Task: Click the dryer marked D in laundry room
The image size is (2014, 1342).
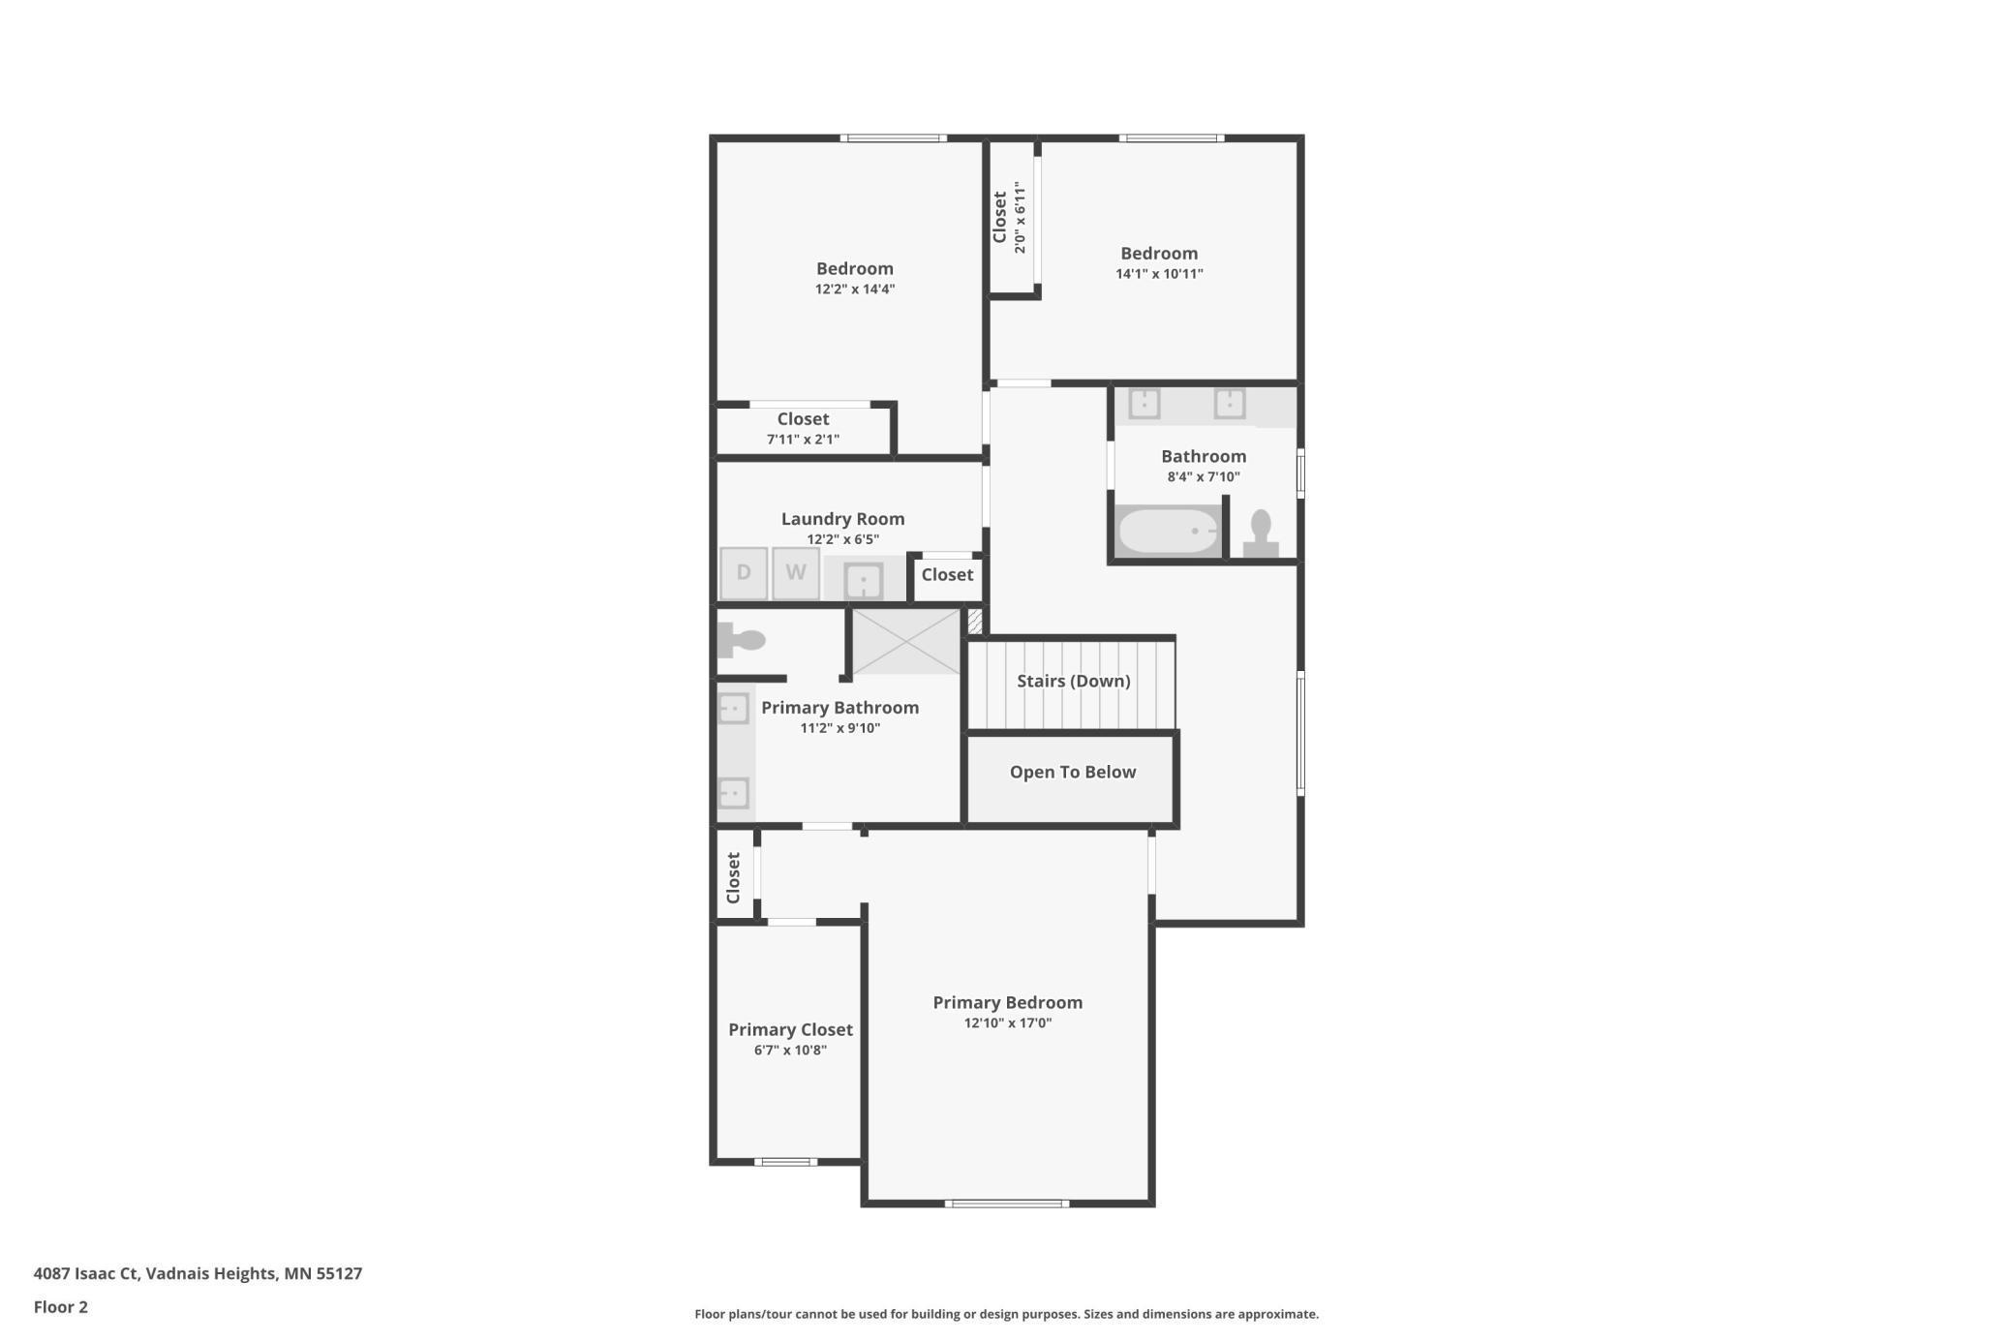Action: (x=744, y=572)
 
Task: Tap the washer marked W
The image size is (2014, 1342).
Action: (x=796, y=572)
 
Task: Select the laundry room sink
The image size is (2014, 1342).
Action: (x=863, y=581)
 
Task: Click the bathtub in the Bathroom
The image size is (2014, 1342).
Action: (x=1169, y=531)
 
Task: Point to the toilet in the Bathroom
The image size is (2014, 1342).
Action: (x=1261, y=534)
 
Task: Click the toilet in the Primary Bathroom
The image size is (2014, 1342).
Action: (x=742, y=640)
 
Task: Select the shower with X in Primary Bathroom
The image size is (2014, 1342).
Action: (x=905, y=641)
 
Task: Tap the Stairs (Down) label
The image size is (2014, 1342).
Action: (x=1073, y=681)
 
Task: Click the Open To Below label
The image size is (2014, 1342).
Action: (x=1072, y=772)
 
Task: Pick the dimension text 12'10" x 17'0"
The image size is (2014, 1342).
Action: (x=1007, y=1023)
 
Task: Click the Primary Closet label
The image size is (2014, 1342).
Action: (x=790, y=1029)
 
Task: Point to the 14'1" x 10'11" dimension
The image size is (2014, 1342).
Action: (x=1159, y=274)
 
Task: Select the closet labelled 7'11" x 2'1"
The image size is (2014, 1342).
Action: (x=803, y=428)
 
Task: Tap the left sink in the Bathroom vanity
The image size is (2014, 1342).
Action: (x=1144, y=403)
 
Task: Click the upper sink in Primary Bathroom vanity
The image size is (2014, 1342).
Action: (x=734, y=709)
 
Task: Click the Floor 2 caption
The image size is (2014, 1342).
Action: (x=60, y=1307)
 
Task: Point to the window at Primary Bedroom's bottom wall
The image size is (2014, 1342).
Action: (x=1007, y=1204)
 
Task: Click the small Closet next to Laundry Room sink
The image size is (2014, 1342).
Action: (x=947, y=575)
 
